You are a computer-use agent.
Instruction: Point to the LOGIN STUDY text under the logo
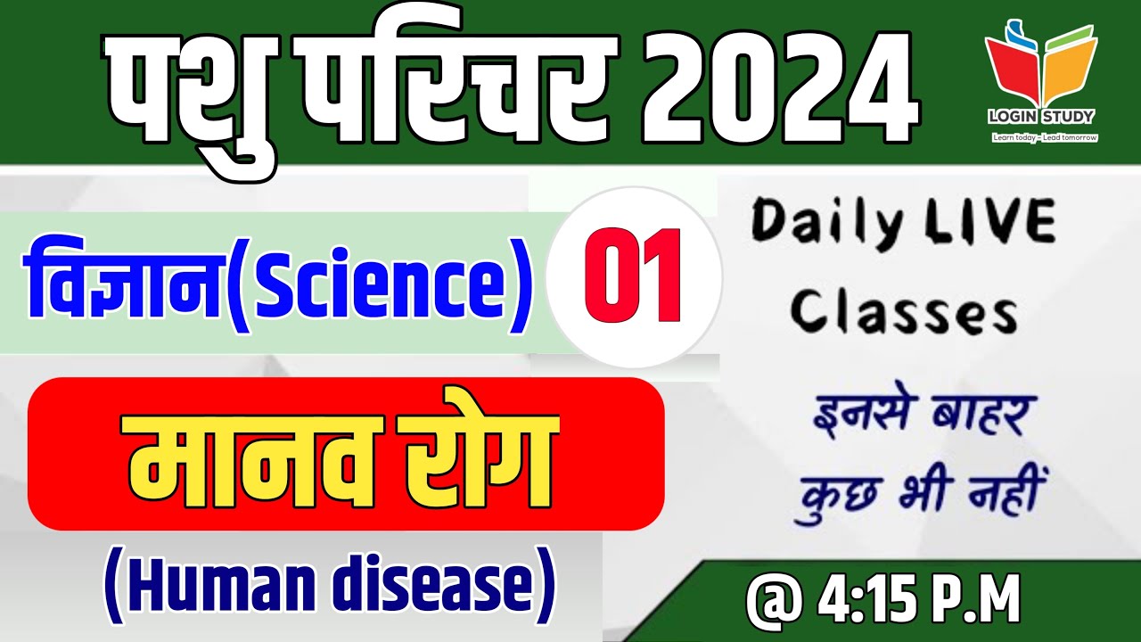click(1041, 117)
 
